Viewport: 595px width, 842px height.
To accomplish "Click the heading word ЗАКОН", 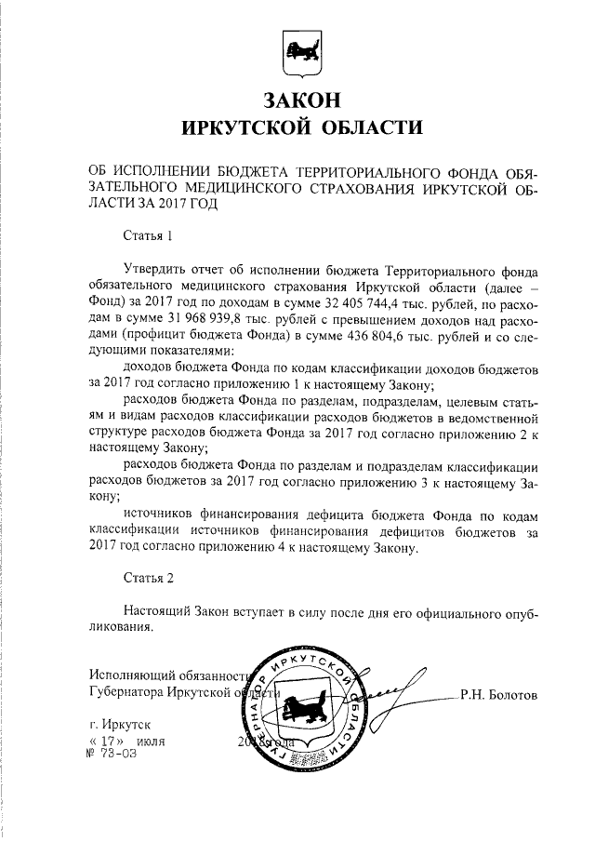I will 297,99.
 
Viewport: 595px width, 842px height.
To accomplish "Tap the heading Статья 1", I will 148,236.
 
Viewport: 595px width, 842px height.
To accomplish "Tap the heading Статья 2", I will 148,578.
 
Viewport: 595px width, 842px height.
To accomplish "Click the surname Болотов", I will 515,695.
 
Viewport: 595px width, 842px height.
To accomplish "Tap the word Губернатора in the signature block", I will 126,694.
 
